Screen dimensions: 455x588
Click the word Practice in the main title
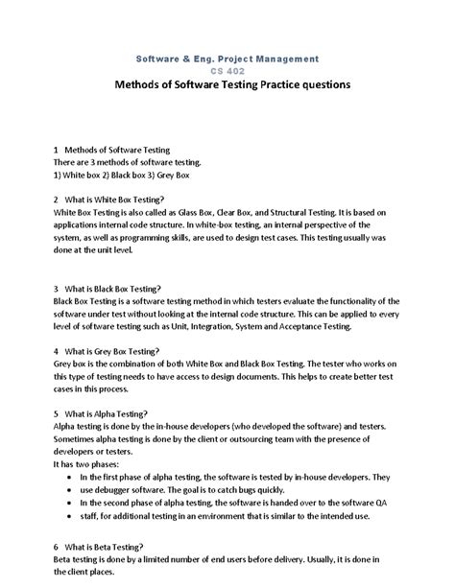point(287,85)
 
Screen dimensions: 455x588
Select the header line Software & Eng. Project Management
point(227,58)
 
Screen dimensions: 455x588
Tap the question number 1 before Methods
point(58,151)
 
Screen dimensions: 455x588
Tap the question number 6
point(58,544)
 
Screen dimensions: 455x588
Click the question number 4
point(58,350)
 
